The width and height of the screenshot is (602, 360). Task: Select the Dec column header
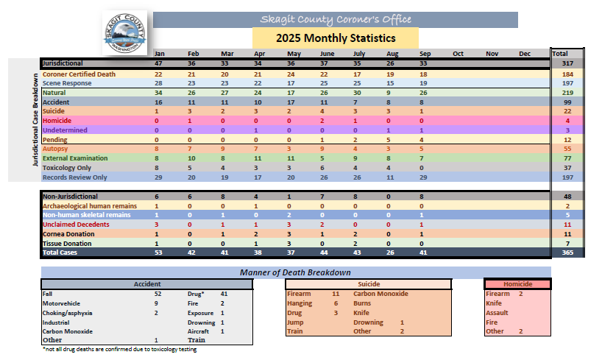(525, 54)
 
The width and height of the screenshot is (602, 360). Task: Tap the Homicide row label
(57, 120)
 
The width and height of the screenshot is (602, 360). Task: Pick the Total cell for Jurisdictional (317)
(567, 64)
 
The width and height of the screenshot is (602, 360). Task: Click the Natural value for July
(357, 93)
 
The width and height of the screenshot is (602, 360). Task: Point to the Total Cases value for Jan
(157, 253)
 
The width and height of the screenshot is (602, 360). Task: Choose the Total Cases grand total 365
(567, 253)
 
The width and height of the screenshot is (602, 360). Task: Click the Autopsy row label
(56, 149)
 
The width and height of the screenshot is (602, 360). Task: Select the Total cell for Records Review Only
(567, 177)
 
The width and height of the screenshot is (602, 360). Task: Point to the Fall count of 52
(157, 293)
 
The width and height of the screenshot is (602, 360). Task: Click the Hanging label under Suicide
(300, 303)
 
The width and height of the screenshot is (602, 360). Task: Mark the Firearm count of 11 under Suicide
(335, 293)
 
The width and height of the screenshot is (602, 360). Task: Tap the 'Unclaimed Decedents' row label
(75, 224)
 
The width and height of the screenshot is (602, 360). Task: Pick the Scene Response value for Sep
(423, 84)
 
